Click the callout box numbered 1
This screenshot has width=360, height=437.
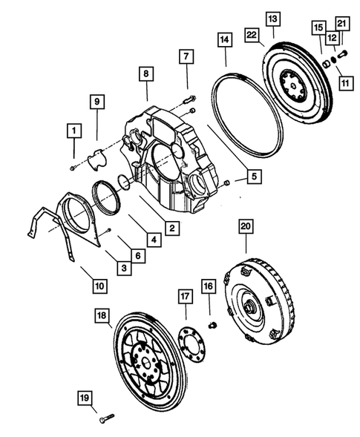click(73, 132)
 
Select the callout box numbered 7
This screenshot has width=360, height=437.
click(186, 56)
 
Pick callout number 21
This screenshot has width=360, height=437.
click(341, 25)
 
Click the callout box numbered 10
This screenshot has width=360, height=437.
click(99, 285)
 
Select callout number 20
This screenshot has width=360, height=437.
click(246, 227)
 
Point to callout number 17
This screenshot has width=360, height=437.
click(184, 297)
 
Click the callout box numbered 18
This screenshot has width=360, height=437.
click(102, 316)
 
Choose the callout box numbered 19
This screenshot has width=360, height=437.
click(85, 399)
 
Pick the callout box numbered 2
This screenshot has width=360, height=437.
click(172, 229)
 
